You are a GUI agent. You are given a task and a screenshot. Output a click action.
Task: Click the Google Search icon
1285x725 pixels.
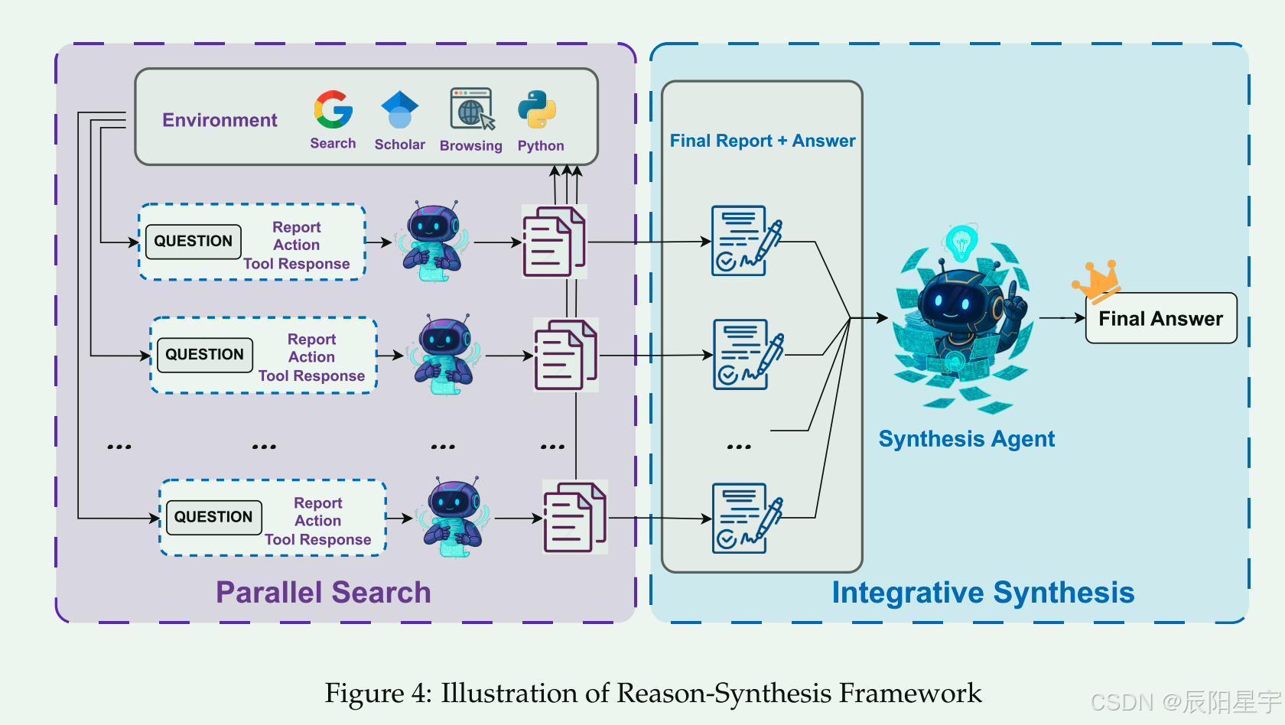pos(333,110)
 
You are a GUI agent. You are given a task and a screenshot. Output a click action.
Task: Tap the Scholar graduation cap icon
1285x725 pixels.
pos(400,110)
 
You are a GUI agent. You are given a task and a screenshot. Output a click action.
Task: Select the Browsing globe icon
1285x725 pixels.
pos(471,109)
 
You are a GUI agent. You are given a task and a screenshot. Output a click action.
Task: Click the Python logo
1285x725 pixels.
pos(537,109)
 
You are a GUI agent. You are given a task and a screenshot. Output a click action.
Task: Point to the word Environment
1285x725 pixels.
pos(220,120)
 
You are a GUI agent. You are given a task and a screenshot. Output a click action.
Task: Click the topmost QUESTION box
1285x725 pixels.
pos(194,242)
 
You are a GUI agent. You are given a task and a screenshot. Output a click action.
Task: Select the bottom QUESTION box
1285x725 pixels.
pos(213,518)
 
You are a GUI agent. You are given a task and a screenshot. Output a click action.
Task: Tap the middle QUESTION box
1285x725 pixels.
pos(205,355)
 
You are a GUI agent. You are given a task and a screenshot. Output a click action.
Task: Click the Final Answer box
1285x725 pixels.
pos(1160,318)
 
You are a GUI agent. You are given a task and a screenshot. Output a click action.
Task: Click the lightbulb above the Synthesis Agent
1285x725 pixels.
pos(961,243)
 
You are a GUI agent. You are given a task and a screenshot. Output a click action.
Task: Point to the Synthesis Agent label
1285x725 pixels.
pos(966,439)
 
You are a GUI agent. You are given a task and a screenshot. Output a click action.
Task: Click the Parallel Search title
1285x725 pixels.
pos(323,593)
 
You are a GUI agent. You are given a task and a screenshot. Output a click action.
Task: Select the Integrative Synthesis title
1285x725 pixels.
pos(983,593)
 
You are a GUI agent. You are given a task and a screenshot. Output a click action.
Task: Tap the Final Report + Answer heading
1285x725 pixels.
pos(762,141)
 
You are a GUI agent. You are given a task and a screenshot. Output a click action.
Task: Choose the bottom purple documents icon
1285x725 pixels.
pos(574,518)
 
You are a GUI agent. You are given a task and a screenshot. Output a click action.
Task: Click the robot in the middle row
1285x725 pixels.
pos(444,355)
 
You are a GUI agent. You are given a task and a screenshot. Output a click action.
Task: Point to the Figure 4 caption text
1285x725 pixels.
pos(652,693)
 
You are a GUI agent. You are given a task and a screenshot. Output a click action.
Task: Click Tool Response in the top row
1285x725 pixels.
pos(297,264)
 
